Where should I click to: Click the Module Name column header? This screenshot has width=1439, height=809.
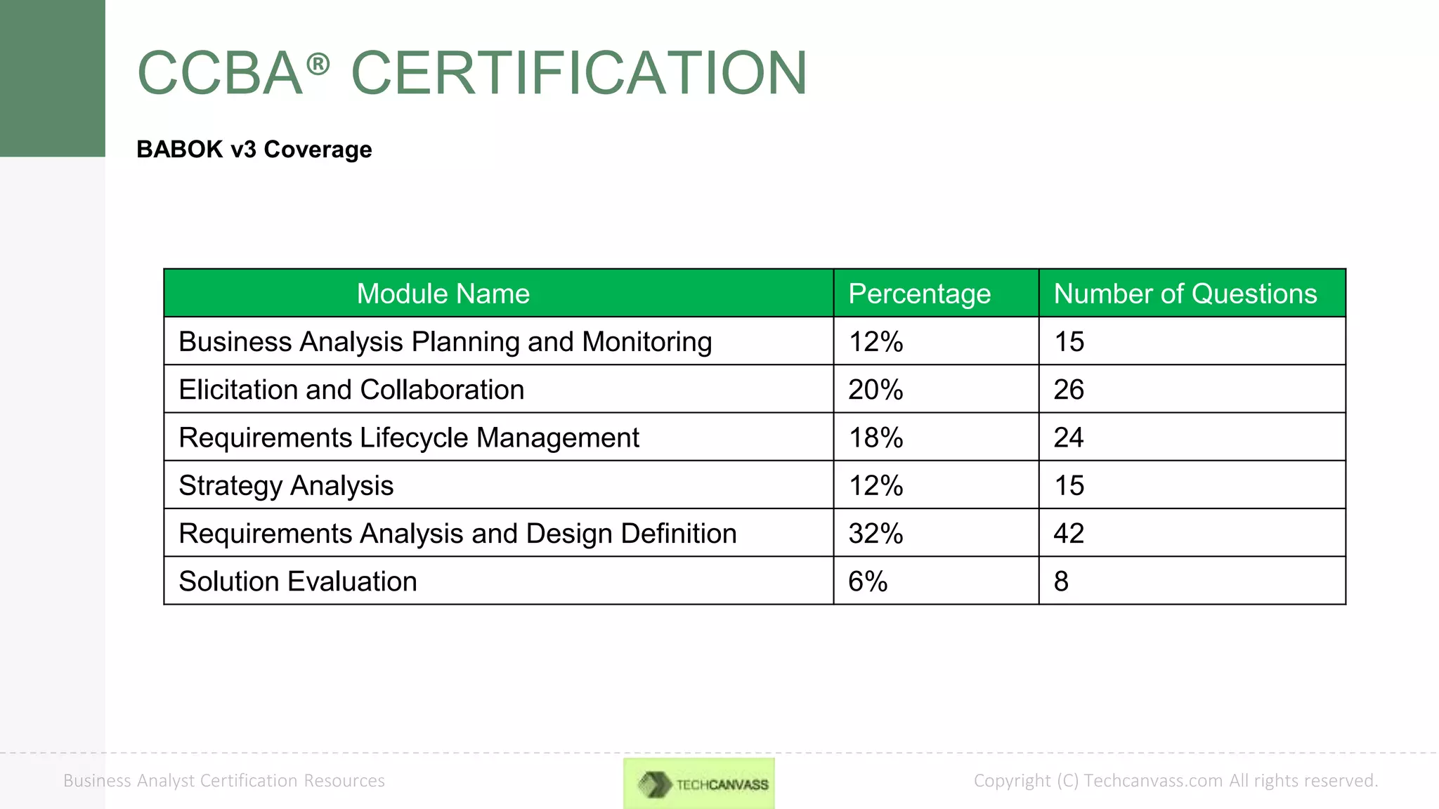pyautogui.click(x=443, y=294)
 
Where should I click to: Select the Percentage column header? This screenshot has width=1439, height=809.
pyautogui.click(x=919, y=294)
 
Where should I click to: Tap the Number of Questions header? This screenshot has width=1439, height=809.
pyautogui.click(x=1185, y=294)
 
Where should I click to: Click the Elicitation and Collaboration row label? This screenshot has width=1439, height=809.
pyautogui.click(x=351, y=390)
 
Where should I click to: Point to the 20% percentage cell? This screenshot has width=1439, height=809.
pyautogui.click(x=875, y=390)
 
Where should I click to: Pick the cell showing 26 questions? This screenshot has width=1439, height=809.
pyautogui.click(x=1069, y=390)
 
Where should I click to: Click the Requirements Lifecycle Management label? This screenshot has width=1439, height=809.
pyautogui.click(x=409, y=438)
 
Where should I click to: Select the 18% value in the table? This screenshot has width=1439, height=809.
pyautogui.click(x=875, y=438)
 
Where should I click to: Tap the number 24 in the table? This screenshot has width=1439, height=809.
pyautogui.click(x=1069, y=438)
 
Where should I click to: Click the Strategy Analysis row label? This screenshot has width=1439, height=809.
pyautogui.click(x=286, y=485)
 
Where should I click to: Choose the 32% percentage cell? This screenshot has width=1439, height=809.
pyautogui.click(x=875, y=534)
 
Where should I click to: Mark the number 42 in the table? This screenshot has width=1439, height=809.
pyautogui.click(x=1069, y=534)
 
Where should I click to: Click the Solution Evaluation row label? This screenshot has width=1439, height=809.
pyautogui.click(x=298, y=581)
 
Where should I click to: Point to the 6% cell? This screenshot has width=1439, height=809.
pyautogui.click(x=868, y=581)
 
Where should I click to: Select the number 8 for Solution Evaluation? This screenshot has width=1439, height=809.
pyautogui.click(x=1061, y=581)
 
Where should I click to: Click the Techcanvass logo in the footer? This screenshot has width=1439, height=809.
pyautogui.click(x=699, y=783)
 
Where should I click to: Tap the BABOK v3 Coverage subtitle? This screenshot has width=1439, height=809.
pyautogui.click(x=254, y=150)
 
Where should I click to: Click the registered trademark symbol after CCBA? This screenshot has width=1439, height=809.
pyautogui.click(x=318, y=65)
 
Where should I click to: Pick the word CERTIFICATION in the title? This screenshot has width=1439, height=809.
pyautogui.click(x=579, y=73)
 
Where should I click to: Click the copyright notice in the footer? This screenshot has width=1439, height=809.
pyautogui.click(x=1176, y=780)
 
